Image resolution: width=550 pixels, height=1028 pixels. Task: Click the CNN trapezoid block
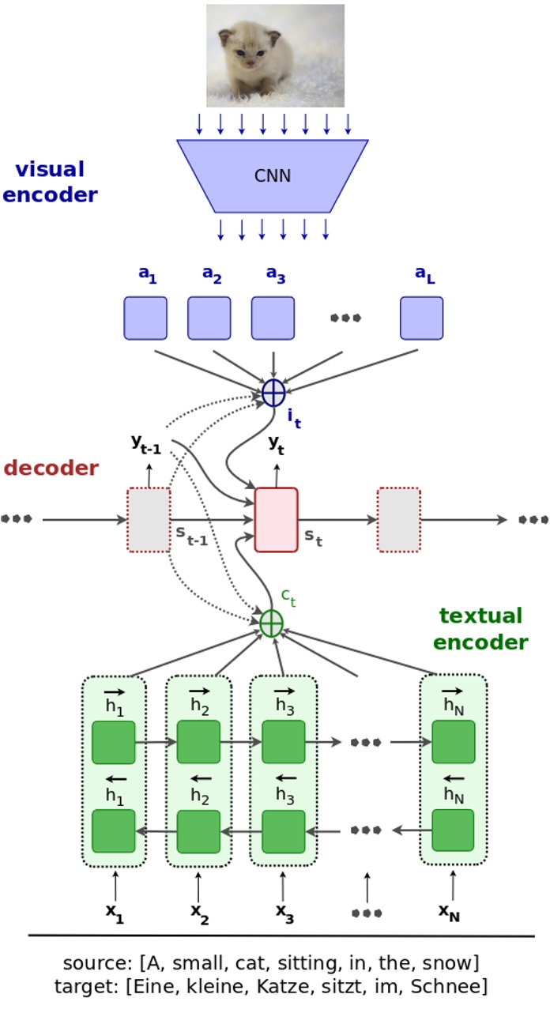(273, 175)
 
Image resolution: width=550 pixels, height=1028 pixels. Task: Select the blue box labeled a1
(145, 318)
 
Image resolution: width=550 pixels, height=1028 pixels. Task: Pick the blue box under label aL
(421, 318)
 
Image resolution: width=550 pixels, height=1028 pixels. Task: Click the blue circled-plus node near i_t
(273, 393)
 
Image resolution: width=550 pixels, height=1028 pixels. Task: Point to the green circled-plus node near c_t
(271, 623)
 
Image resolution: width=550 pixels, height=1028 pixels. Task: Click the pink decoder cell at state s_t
(276, 519)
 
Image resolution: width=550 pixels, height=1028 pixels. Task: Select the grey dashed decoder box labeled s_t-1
(149, 519)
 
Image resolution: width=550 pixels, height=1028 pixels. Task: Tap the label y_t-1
(146, 444)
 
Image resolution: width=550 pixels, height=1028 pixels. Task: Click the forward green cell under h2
(198, 742)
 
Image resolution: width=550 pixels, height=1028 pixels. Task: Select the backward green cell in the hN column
(453, 830)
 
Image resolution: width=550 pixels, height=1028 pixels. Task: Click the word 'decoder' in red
(51, 468)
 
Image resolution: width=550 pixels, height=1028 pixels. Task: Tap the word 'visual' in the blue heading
(50, 170)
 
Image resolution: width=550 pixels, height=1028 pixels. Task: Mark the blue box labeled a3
(273, 318)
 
